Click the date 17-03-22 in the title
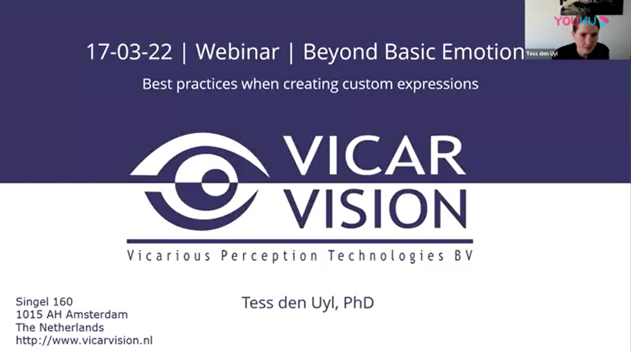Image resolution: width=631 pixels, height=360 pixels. point(129,52)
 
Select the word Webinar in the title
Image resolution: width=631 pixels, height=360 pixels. point(237,52)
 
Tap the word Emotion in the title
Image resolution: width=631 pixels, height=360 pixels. point(483,52)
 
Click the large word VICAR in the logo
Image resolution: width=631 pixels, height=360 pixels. point(375,156)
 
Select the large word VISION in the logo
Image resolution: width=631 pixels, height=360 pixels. point(375,209)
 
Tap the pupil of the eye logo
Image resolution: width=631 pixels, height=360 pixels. point(215,182)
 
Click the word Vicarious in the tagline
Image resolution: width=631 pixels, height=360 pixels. point(169,256)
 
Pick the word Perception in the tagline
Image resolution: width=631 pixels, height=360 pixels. point(269,256)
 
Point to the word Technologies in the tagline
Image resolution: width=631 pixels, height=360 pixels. point(386,256)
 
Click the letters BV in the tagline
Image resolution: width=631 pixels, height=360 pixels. point(464,256)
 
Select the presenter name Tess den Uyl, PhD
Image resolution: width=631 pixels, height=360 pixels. point(307,303)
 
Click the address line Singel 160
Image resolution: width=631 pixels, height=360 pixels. point(45,302)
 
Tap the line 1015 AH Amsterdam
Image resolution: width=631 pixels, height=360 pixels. point(72,315)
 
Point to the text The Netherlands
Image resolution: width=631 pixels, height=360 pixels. point(60,327)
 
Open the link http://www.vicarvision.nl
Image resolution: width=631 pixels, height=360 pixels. point(84,341)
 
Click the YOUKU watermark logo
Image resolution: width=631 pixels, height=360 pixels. point(581,21)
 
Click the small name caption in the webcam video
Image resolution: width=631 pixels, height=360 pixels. point(542,54)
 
